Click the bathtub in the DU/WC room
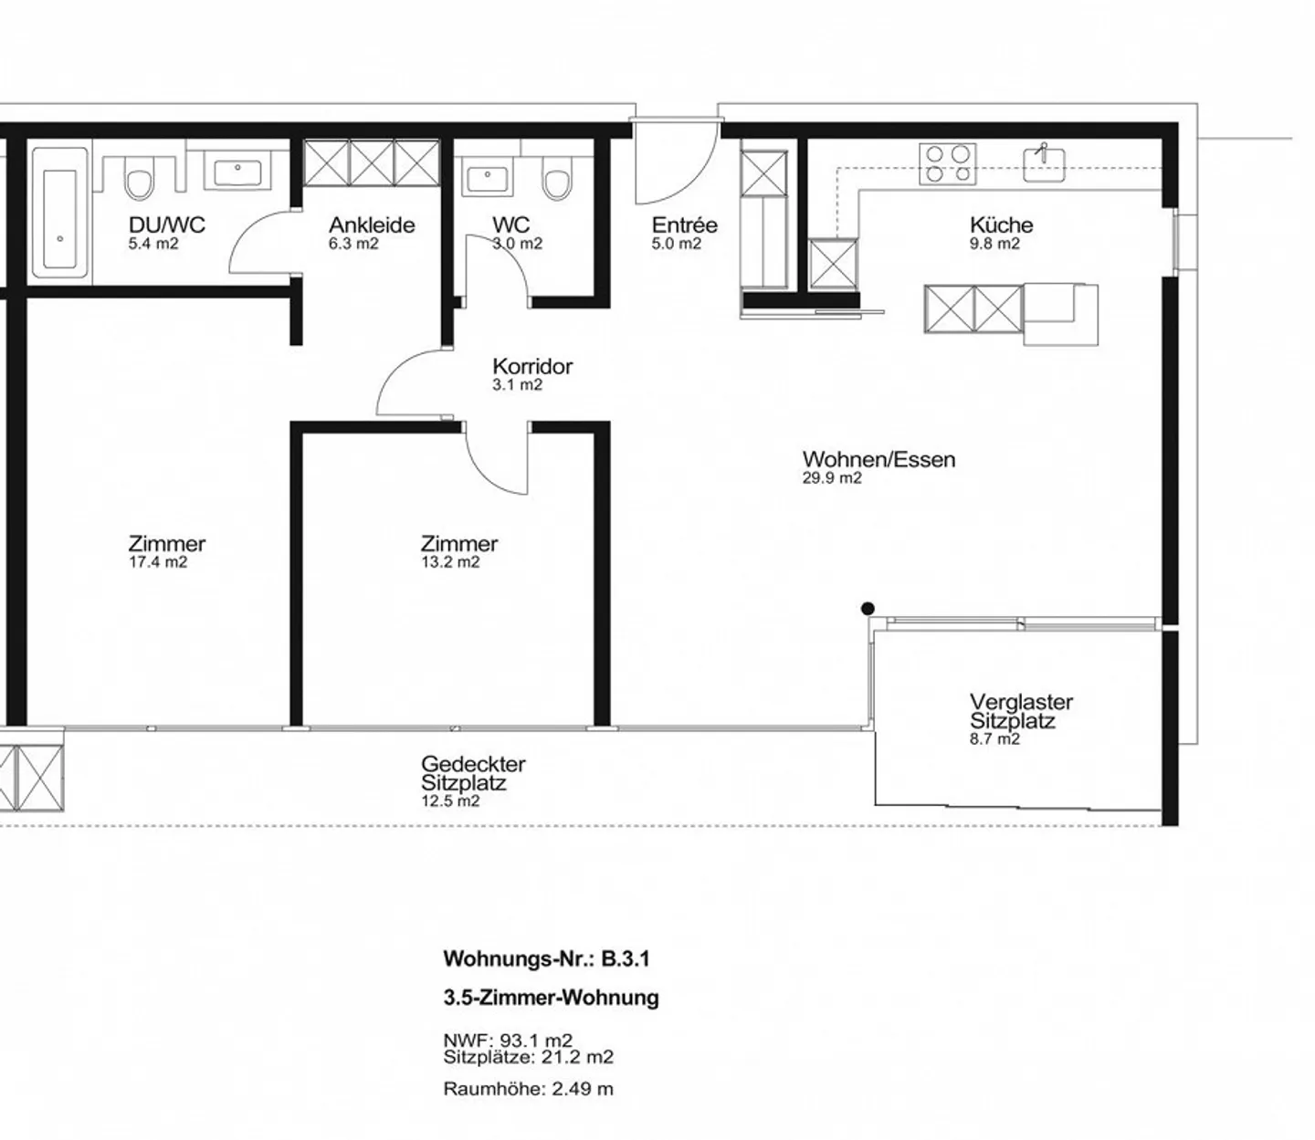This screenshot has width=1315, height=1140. click(x=60, y=212)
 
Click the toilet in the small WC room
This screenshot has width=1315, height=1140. click(x=554, y=180)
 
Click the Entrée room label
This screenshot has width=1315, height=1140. click(x=684, y=225)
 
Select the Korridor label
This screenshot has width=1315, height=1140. click(x=532, y=366)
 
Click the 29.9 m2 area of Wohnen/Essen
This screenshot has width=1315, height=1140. click(x=831, y=478)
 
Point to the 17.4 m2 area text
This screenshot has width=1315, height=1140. click(x=158, y=562)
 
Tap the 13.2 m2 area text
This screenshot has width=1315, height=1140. click(x=450, y=562)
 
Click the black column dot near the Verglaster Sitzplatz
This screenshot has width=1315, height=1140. click(x=868, y=609)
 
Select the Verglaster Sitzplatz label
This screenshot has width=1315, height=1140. click(x=1020, y=711)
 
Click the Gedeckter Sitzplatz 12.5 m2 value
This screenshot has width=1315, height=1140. click(x=450, y=801)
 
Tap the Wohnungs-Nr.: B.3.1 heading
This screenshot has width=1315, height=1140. click(x=546, y=958)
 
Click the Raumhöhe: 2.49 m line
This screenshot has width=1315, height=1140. click(x=528, y=1089)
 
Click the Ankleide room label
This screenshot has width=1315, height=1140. click(x=372, y=225)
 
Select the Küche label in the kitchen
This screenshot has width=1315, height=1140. click(x=1001, y=225)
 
